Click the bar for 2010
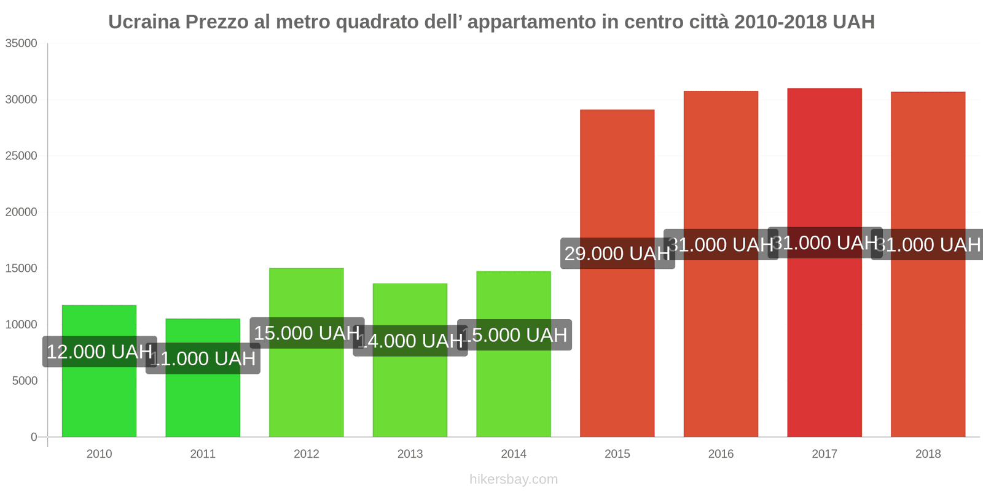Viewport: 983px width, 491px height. (99, 393)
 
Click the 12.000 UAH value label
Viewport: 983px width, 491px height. (100, 352)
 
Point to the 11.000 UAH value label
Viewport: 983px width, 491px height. (203, 358)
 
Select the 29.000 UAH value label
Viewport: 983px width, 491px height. (617, 253)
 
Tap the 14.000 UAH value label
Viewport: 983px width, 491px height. (410, 341)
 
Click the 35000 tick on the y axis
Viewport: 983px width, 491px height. (22, 44)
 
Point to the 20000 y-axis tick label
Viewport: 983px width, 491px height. (22, 212)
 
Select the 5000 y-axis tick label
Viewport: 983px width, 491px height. (25, 381)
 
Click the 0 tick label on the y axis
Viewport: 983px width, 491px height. (34, 437)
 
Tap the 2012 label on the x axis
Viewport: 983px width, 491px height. (306, 454)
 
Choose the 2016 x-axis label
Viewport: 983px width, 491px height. (721, 454)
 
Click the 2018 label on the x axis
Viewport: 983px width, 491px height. (928, 454)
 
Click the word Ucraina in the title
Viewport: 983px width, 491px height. (144, 22)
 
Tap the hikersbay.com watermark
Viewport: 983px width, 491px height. (514, 479)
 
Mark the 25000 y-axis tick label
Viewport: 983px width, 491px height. (22, 156)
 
